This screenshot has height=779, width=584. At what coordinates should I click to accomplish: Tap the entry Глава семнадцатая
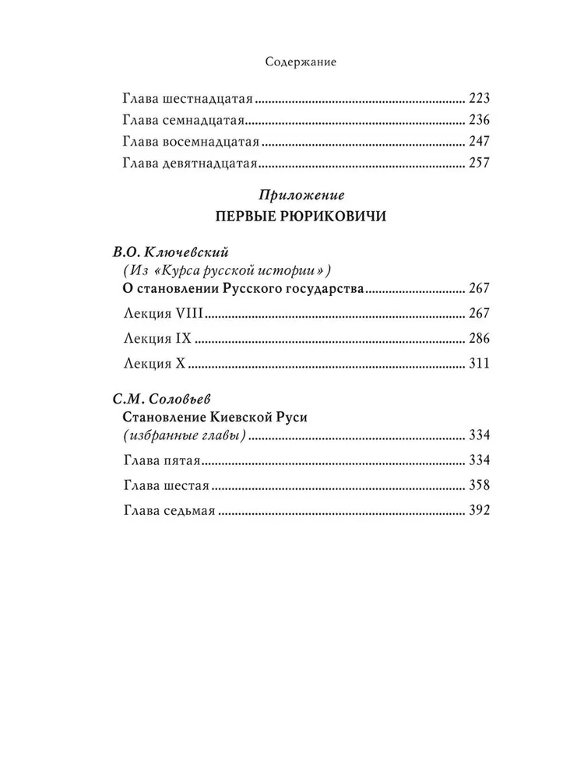pos(185,121)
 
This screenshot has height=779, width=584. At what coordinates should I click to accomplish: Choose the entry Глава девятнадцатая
pos(190,164)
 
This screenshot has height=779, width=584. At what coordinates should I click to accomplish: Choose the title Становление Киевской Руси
pos(216,417)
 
